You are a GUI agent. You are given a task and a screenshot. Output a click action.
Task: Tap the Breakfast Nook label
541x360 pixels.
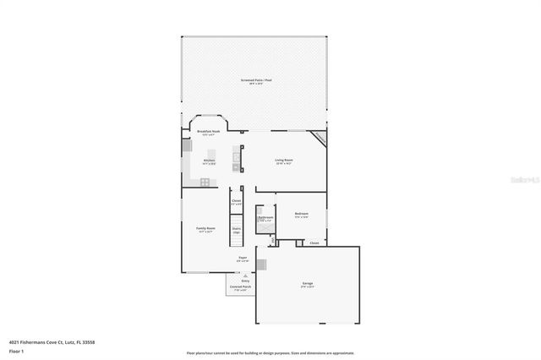click(209, 133)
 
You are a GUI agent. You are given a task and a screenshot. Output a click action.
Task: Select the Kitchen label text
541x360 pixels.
click(209, 160)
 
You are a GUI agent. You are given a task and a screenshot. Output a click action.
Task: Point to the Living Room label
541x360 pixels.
click(283, 161)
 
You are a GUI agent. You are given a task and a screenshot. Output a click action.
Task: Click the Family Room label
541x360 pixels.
click(206, 229)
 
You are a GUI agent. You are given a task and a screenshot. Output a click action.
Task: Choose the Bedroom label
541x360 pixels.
click(301, 215)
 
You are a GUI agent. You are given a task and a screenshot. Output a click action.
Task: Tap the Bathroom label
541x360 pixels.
click(265, 218)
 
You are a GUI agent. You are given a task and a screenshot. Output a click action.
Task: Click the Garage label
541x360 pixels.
click(308, 284)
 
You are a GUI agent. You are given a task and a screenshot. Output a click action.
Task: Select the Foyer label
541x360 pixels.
click(242, 258)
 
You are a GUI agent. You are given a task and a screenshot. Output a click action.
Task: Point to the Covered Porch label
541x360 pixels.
click(241, 287)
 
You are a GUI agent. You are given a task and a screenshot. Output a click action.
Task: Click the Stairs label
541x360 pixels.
click(237, 229)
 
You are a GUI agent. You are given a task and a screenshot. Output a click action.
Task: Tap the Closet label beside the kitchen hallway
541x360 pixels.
click(237, 201)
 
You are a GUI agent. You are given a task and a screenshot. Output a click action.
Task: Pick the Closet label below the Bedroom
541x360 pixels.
click(314, 243)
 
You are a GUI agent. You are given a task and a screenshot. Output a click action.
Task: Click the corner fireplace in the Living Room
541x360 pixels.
click(320, 137)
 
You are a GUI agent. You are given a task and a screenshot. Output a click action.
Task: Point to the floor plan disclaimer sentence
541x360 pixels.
click(270, 353)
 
